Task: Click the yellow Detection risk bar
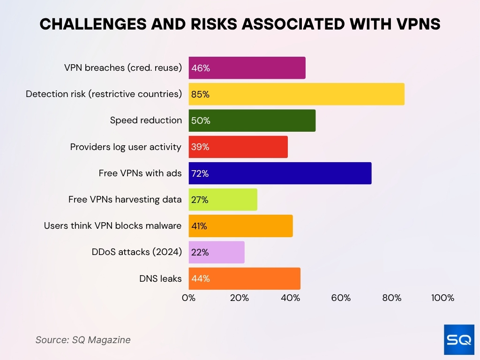(296, 94)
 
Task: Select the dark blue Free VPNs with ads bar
(280, 173)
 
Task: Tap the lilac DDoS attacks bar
(217, 252)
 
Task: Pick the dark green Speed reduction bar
(252, 120)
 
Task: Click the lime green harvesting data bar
(223, 200)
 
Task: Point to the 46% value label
(200, 68)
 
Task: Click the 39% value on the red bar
(200, 147)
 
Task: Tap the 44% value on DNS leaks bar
(200, 278)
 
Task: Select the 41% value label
(199, 226)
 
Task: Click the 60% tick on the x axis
(341, 298)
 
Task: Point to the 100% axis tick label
(442, 298)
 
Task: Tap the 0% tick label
(188, 298)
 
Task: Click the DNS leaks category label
(160, 278)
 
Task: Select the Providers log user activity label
(126, 147)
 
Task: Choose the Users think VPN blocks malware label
(112, 226)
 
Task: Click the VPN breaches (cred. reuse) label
(123, 68)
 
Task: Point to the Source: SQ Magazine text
(83, 340)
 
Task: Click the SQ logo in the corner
(459, 339)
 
